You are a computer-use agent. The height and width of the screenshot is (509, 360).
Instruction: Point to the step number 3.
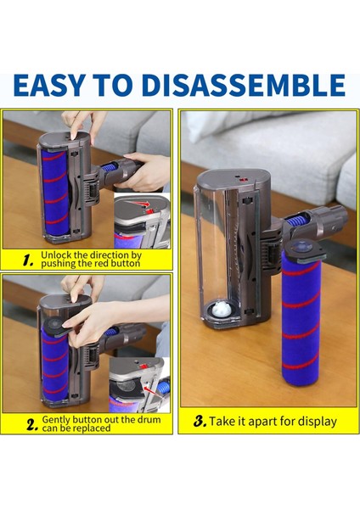[x=200, y=419]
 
